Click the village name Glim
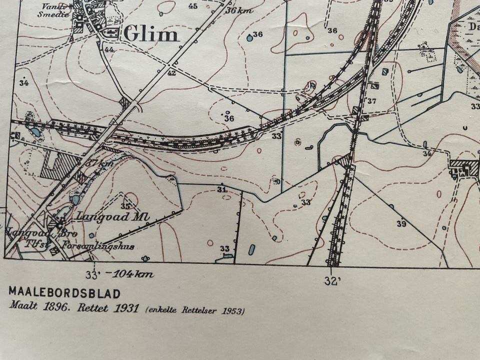[x=151, y=34]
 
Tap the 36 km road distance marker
[x=238, y=10]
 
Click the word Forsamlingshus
[x=98, y=245]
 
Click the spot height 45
[x=193, y=6]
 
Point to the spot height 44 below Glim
[x=109, y=49]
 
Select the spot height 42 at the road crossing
[x=171, y=73]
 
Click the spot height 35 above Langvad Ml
[x=125, y=206]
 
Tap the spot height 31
[x=222, y=189]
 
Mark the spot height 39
[x=401, y=224]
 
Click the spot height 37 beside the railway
[x=371, y=101]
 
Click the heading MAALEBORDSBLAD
[x=64, y=293]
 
